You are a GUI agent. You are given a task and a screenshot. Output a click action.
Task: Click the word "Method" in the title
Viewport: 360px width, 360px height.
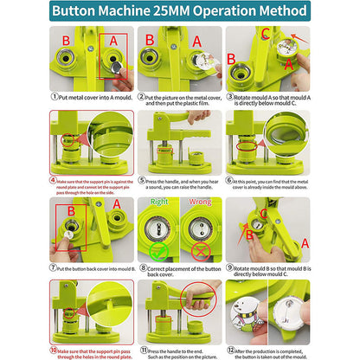[275, 11]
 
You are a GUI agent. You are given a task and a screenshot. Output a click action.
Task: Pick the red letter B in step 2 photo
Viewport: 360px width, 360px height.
[150, 39]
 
